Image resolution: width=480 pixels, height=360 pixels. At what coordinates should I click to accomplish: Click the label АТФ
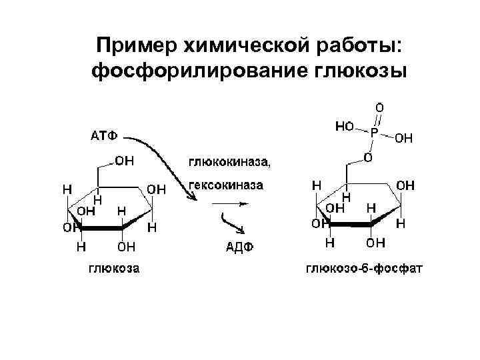click(x=103, y=136)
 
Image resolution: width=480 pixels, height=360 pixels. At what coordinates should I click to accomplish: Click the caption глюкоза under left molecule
click(x=114, y=269)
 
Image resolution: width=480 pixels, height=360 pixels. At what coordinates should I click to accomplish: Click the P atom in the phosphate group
click(x=374, y=133)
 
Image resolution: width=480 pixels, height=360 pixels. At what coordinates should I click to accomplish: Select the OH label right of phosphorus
click(x=404, y=139)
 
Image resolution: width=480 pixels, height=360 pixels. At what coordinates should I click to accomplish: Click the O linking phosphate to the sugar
click(x=367, y=157)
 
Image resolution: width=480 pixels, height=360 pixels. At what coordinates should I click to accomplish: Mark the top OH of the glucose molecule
click(x=124, y=160)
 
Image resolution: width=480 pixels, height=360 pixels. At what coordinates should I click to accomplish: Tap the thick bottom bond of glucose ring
click(x=101, y=229)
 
